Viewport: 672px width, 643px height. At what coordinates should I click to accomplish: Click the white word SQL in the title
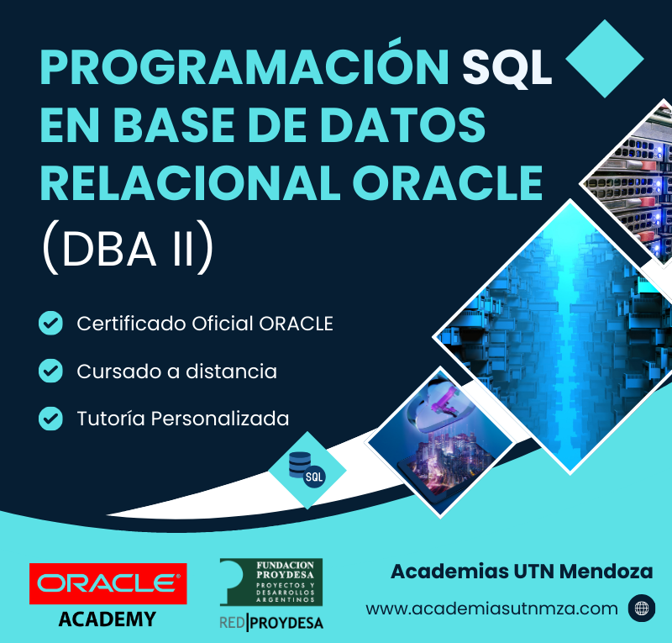pos(507,68)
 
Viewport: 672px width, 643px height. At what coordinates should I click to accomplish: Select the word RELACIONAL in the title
pos(191,183)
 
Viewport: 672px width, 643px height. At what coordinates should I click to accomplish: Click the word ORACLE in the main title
pos(448,183)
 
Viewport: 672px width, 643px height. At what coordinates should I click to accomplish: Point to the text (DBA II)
pos(128,247)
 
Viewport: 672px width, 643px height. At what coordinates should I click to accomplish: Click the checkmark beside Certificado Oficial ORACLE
pos(50,323)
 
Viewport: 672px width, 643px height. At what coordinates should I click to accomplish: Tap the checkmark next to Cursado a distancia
pos(50,371)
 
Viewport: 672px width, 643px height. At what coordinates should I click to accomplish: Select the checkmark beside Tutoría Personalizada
pos(50,419)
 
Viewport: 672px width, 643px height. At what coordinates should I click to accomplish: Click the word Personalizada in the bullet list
pos(220,419)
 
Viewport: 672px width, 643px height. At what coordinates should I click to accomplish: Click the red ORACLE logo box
pos(108,583)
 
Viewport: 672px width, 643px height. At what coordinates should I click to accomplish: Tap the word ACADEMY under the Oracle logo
pos(108,619)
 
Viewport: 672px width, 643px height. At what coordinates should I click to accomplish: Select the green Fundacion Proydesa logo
pos(271,582)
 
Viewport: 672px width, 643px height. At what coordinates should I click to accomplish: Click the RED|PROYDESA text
pos(271,623)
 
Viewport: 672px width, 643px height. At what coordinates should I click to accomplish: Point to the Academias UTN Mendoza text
pos(522,572)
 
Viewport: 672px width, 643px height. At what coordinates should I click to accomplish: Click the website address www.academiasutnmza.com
pos(491,609)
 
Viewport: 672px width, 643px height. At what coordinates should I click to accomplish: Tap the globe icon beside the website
pos(642,609)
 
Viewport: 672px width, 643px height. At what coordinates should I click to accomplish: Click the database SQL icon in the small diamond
pos(307,470)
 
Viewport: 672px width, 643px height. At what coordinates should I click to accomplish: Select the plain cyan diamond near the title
pos(605,59)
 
